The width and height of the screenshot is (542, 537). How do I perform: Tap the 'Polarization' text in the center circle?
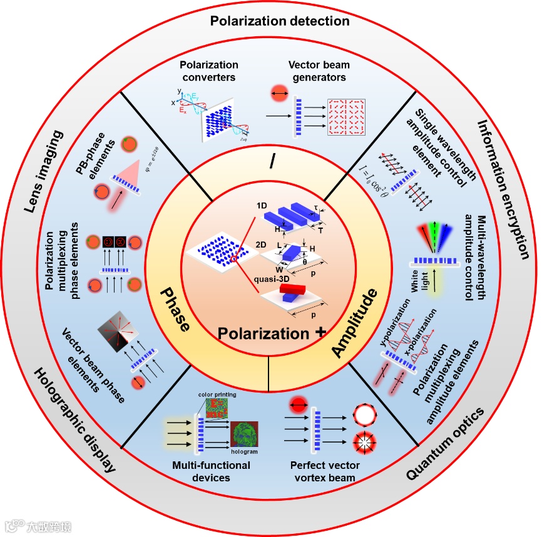pyautogui.click(x=263, y=334)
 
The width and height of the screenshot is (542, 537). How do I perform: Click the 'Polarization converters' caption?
pyautogui.click(x=209, y=71)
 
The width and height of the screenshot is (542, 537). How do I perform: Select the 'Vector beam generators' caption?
pyautogui.click(x=319, y=71)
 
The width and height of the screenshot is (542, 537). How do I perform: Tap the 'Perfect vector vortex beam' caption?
pyautogui.click(x=323, y=471)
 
